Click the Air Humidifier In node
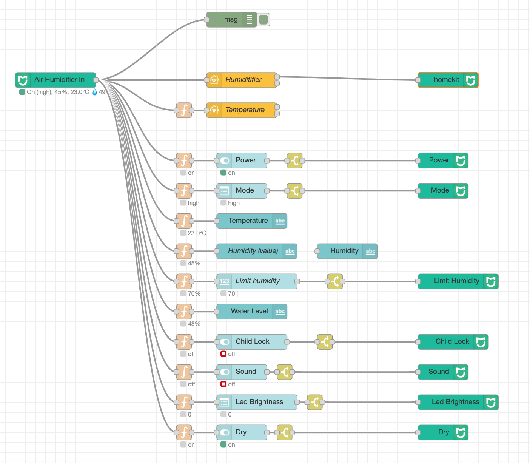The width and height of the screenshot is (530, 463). click(55, 80)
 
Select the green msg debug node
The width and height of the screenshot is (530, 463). click(231, 19)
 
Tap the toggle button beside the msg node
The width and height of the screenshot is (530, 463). click(263, 19)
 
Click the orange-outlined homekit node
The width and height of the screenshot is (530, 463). click(448, 80)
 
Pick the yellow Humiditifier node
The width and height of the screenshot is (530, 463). click(242, 80)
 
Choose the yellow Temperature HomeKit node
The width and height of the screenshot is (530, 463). click(242, 110)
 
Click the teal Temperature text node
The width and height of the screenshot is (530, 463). click(251, 221)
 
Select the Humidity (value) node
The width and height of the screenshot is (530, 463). click(257, 251)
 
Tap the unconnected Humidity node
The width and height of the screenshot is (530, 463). click(347, 251)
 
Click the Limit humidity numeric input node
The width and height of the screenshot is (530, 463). click(257, 281)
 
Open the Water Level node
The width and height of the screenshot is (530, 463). click(251, 312)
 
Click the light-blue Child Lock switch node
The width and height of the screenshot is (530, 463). click(251, 342)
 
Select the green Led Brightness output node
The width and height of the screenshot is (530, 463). click(458, 402)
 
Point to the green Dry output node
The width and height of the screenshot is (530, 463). click(443, 432)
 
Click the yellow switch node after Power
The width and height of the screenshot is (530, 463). click(294, 161)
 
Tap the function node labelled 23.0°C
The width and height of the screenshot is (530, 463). click(184, 221)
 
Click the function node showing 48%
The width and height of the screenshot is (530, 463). click(184, 312)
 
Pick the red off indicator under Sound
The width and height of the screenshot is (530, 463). click(223, 384)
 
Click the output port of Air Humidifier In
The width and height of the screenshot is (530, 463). click(96, 80)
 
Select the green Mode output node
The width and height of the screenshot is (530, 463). click(443, 191)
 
